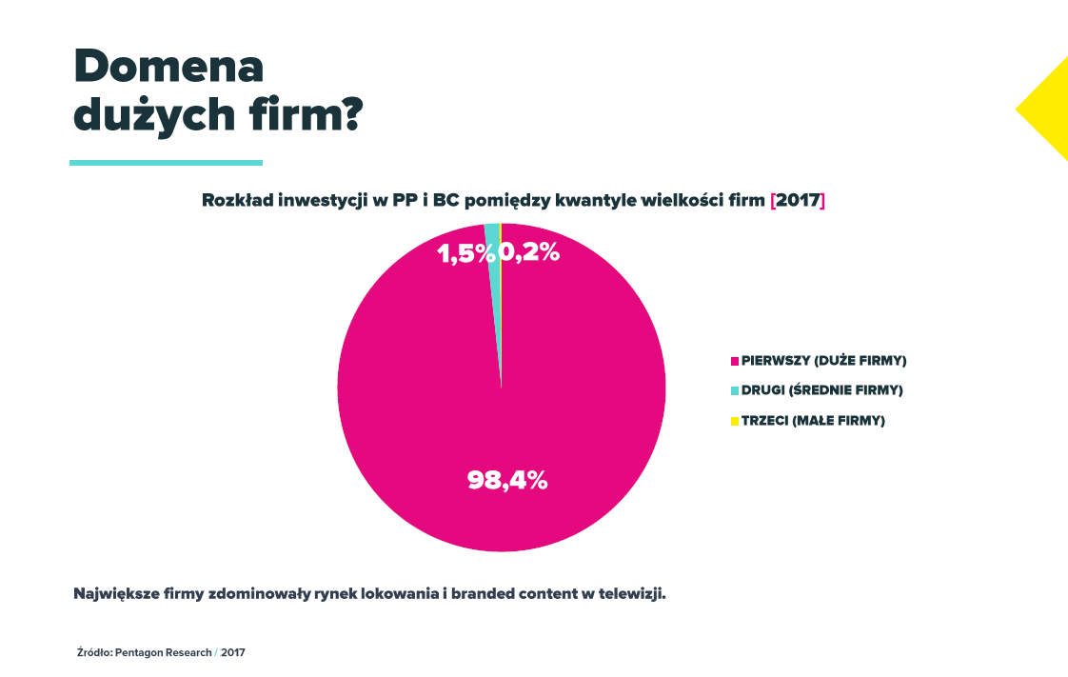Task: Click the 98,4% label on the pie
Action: tap(507, 480)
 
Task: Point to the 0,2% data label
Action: tap(530, 253)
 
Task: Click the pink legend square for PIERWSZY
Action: tap(734, 361)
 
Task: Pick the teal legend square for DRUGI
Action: tap(734, 390)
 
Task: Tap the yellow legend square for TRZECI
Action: tap(734, 421)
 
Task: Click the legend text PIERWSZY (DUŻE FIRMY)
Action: tap(823, 361)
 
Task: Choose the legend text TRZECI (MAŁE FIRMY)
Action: tap(813, 421)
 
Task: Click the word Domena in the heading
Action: tap(168, 68)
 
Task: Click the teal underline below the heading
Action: tap(166, 163)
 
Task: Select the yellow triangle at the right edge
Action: tap(1048, 109)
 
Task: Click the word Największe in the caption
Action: tap(117, 593)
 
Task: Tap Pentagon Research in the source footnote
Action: tap(164, 653)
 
